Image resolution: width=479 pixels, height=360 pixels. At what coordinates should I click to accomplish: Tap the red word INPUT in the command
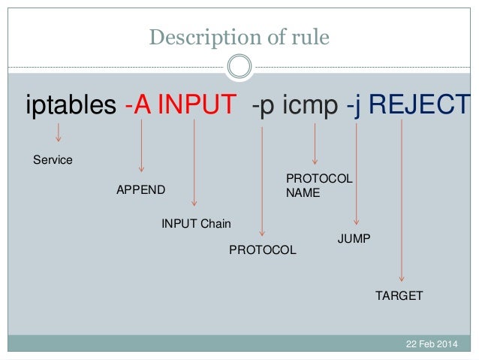(196, 106)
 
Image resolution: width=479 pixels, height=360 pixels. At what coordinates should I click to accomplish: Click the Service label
(53, 160)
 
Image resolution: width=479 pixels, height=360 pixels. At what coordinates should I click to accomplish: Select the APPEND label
(140, 189)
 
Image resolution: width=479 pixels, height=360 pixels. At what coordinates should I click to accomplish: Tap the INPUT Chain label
(197, 223)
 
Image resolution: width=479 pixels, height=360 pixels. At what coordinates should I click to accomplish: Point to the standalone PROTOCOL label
(262, 250)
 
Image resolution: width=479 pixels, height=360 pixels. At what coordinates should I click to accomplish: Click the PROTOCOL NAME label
(318, 186)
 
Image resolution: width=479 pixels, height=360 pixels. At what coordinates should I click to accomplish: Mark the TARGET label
(399, 295)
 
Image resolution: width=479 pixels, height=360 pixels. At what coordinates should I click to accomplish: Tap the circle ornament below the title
(239, 68)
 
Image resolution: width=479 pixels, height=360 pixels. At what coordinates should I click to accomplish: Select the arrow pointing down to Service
(59, 135)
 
